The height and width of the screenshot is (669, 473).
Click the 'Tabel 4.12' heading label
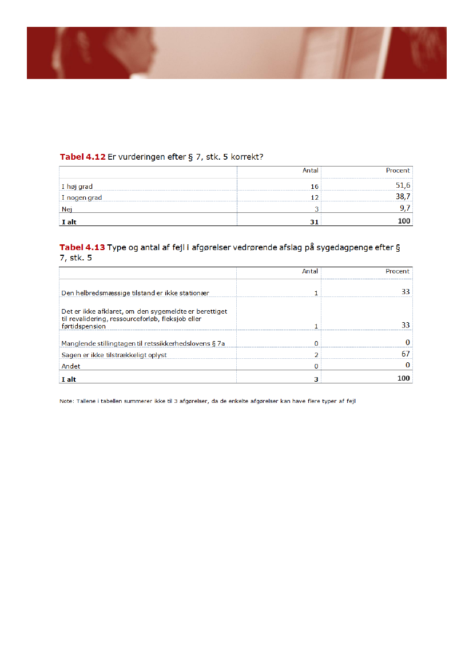82,156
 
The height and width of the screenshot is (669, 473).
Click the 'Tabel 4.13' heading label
82,247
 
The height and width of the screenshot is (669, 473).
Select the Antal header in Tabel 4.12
310,171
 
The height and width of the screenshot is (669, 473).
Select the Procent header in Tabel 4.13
398,271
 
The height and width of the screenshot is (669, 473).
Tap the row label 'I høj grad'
77,187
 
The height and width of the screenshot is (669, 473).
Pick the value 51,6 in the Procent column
404,186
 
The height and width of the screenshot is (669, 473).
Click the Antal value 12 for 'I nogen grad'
315,198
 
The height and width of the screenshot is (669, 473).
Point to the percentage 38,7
404,197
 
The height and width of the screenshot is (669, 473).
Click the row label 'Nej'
67,209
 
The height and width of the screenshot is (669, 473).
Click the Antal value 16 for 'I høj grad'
315,187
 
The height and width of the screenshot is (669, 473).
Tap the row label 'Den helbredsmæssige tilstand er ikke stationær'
135,293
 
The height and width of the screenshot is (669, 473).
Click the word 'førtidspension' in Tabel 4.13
84,326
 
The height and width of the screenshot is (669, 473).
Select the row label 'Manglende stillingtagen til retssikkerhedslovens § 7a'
142,343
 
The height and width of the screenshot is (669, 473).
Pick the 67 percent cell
406,354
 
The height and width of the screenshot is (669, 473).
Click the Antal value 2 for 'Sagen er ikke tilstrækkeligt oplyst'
316,355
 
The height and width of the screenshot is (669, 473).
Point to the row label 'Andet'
71,366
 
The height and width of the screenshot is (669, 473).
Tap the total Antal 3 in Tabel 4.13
316,379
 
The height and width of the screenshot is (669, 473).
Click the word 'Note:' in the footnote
66,401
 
